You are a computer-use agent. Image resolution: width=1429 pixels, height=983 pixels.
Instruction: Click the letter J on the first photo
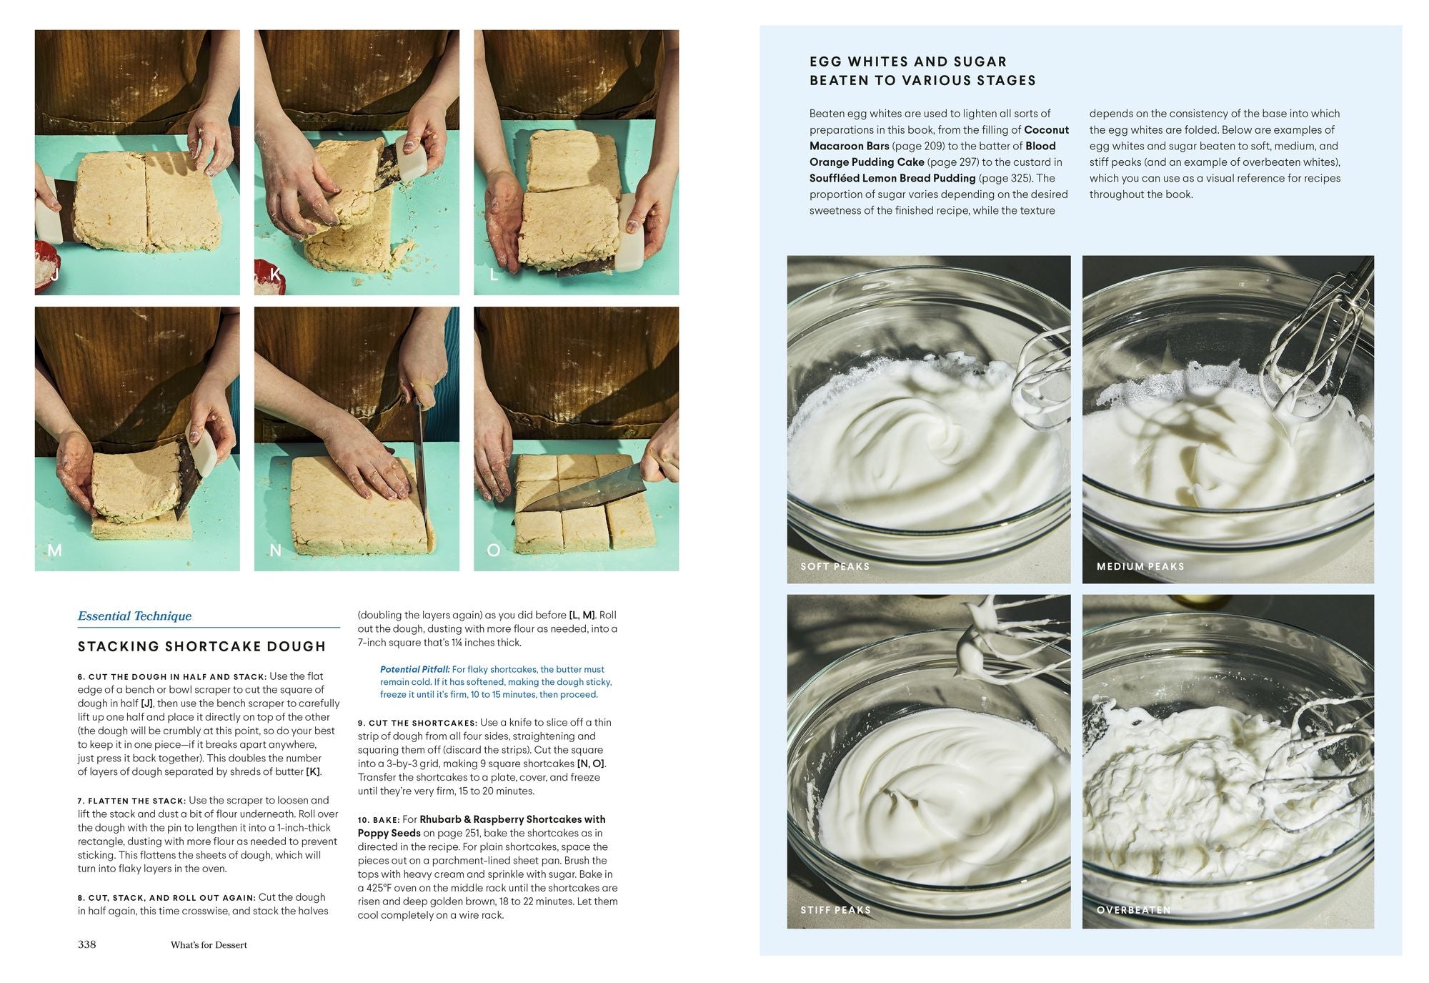(54, 275)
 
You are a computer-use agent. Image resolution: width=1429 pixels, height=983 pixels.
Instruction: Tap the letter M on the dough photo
(54, 550)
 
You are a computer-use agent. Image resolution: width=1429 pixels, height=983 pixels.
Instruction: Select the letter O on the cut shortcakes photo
(493, 550)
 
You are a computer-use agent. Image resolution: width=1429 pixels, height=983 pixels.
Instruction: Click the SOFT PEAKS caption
(835, 566)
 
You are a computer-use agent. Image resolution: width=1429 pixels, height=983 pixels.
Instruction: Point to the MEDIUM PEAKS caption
(1140, 566)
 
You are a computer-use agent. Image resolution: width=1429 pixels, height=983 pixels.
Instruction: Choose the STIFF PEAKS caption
(835, 910)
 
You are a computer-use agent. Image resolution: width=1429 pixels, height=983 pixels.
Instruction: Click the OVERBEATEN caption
(1133, 910)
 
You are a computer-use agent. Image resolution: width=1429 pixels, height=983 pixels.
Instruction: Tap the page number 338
(86, 944)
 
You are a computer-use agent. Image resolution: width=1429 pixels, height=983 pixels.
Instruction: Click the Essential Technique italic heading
(134, 616)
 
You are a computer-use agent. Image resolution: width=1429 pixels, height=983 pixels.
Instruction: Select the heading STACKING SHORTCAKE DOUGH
(201, 646)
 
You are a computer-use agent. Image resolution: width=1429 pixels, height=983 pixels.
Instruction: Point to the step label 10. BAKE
(378, 820)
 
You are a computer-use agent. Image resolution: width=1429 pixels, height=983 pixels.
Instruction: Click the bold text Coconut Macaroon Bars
(939, 138)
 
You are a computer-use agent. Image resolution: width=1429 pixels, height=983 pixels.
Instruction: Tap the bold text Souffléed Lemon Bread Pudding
(892, 178)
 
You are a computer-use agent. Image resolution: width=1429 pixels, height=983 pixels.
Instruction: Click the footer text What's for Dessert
(209, 945)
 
